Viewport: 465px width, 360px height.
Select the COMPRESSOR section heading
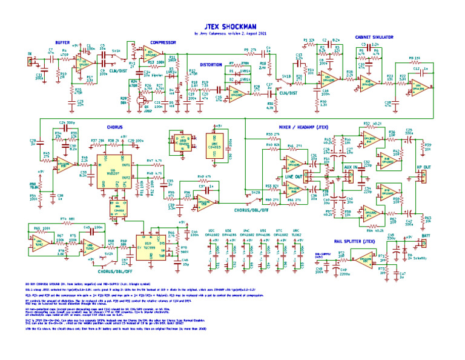point(163,42)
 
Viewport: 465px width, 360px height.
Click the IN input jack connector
point(28,61)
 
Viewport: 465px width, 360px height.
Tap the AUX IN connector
point(351,168)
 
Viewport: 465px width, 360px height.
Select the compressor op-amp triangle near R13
point(149,54)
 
